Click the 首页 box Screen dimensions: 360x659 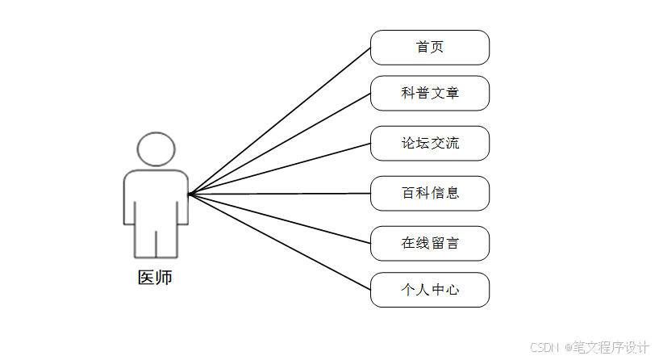click(429, 48)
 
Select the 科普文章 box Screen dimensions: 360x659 click(429, 94)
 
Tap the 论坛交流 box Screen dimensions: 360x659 click(429, 144)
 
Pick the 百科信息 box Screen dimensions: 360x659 click(429, 194)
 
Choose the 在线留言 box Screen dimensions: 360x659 click(429, 243)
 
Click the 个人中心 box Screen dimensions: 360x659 click(429, 290)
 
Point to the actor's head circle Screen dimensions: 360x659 click(156, 149)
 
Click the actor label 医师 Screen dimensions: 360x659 click(155, 278)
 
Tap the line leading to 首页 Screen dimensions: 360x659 click(279, 121)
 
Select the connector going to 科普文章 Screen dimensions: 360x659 click(279, 144)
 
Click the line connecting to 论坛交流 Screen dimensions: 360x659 click(279, 170)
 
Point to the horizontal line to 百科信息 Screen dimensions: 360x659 click(279, 194)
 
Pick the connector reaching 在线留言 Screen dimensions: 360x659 click(279, 218)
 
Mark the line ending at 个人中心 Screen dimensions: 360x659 click(279, 241)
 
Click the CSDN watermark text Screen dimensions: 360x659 click(545, 347)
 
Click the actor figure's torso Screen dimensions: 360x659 click(156, 194)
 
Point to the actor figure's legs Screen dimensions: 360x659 click(156, 238)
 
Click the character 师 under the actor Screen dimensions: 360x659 click(164, 278)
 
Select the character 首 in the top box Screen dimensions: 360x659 click(422, 48)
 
